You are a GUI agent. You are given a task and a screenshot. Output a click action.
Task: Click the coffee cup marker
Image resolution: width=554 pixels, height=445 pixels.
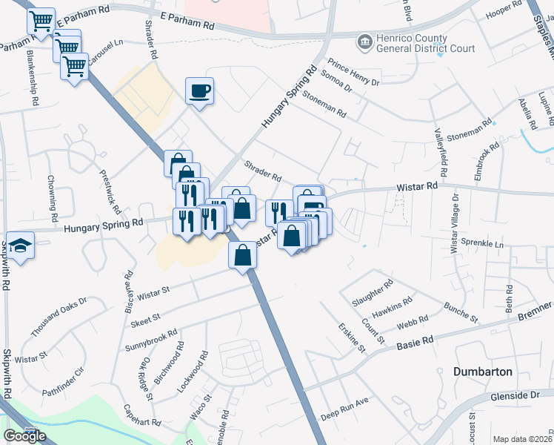pyautogui.click(x=199, y=91)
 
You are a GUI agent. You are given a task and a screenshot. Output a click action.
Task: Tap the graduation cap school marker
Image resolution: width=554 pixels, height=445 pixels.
pyautogui.click(x=21, y=246)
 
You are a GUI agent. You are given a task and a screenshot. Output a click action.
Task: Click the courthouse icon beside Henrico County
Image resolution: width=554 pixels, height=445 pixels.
pyautogui.click(x=365, y=42)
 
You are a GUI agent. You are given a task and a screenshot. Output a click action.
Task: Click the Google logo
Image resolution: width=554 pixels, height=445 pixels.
pyautogui.click(x=24, y=436)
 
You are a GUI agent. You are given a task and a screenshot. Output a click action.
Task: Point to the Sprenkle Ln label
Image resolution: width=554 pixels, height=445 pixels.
pyautogui.click(x=481, y=243)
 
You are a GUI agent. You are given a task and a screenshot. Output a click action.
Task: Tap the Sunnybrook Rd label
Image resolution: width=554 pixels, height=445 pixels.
pyautogui.click(x=151, y=340)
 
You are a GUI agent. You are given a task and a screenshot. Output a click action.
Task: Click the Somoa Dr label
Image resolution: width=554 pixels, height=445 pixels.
pyautogui.click(x=336, y=84)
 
